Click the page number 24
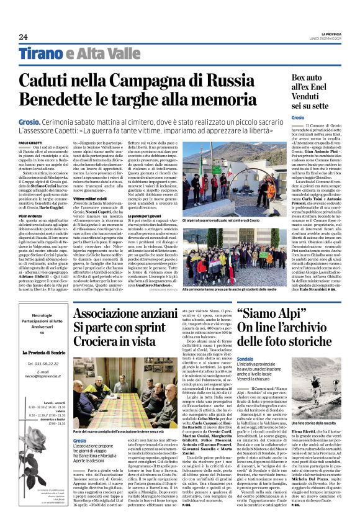[23, 37]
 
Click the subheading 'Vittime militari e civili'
[93, 214]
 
